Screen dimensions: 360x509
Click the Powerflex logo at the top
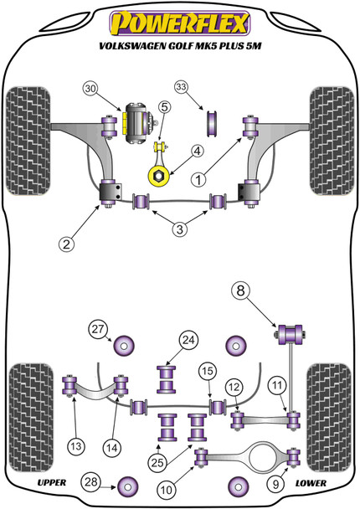(179, 23)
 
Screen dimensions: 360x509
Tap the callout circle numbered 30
(91, 88)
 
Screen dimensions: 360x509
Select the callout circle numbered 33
(182, 87)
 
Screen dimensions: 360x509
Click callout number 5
(165, 106)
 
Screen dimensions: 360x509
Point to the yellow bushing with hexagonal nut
(159, 176)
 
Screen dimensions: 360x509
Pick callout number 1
(198, 179)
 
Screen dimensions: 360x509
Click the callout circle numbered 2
(66, 244)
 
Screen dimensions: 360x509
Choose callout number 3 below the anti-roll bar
(179, 229)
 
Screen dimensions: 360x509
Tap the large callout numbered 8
(240, 290)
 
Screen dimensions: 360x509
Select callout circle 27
(98, 329)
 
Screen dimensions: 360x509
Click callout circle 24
(188, 340)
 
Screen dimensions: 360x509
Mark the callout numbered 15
(208, 370)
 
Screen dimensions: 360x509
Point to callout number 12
(234, 386)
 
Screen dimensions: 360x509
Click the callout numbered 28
(91, 481)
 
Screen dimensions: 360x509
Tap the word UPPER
(52, 483)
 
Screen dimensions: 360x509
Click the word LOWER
(311, 483)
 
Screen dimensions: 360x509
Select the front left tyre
(28, 141)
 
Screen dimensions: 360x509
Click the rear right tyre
(329, 418)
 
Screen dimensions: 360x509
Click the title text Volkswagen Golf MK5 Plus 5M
(180, 46)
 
